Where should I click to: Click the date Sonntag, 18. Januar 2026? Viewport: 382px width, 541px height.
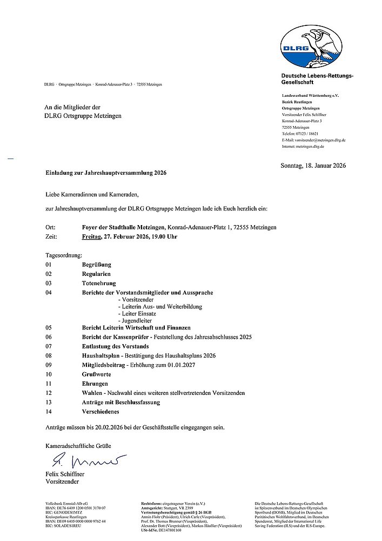(x=313, y=166)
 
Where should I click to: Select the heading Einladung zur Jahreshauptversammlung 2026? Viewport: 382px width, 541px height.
(x=106, y=173)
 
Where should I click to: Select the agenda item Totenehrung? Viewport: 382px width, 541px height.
(x=99, y=283)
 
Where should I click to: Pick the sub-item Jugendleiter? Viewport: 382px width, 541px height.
(x=138, y=320)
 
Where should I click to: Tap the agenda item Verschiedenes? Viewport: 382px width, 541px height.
(x=101, y=412)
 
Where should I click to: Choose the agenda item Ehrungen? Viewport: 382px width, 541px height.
(x=95, y=384)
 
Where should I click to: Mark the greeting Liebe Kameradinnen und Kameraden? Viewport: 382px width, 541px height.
(x=92, y=193)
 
